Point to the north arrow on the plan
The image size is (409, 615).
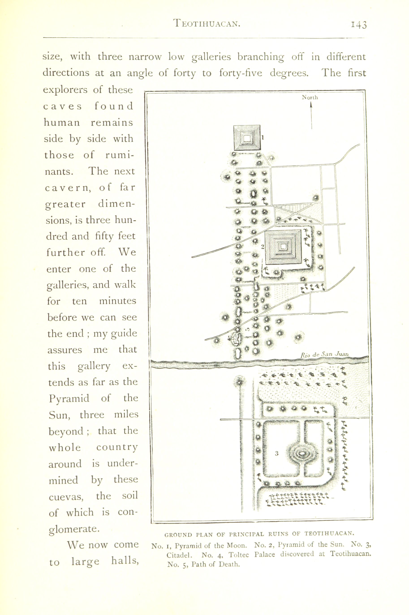311,116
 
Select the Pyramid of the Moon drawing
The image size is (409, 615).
247,138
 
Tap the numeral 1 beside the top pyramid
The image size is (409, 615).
263,137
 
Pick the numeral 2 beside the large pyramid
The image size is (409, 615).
263,246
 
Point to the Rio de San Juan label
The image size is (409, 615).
325,355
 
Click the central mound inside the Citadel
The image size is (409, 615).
302,454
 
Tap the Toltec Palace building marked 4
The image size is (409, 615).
237,339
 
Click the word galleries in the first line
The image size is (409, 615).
211,57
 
